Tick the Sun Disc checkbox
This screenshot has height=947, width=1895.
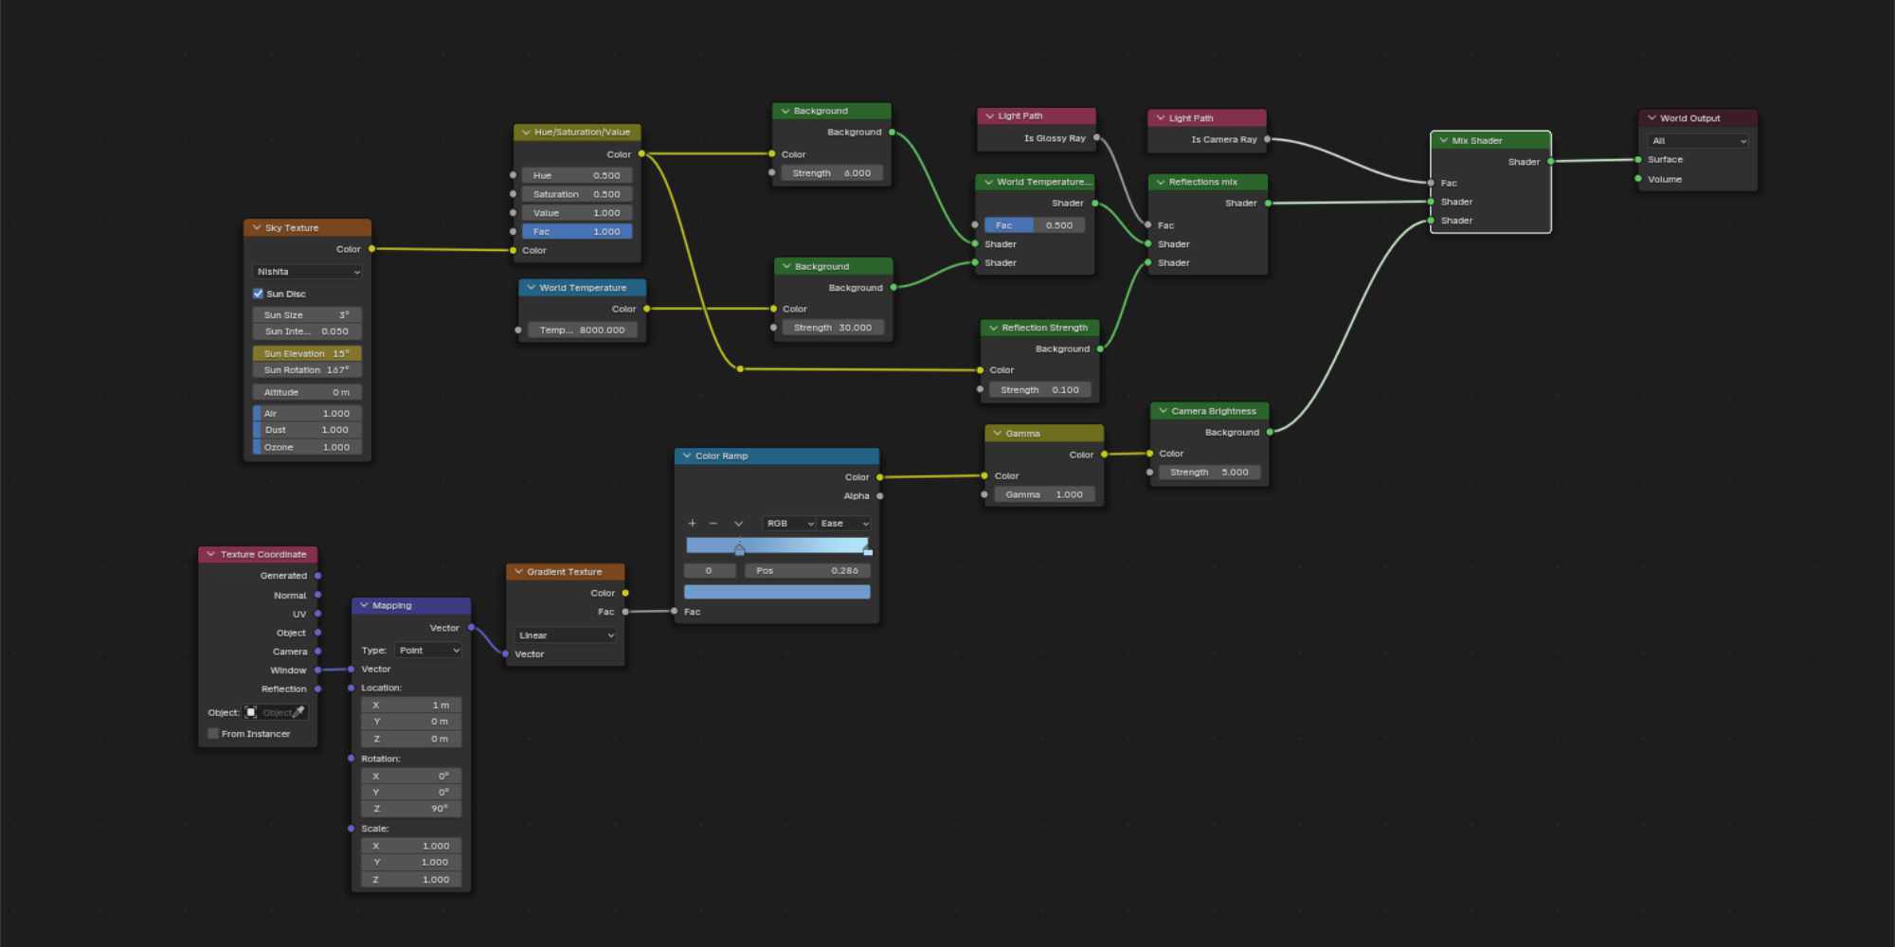point(258,294)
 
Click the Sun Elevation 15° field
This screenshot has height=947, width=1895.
point(307,353)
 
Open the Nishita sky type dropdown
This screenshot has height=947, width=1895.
point(307,272)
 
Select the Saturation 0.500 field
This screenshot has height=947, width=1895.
point(576,194)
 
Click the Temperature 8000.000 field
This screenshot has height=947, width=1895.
point(582,330)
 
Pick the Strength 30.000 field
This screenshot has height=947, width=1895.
point(833,328)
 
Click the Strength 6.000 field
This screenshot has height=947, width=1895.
point(832,173)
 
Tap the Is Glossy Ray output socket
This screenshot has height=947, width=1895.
point(1096,138)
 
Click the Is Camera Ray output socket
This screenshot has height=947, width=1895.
point(1267,139)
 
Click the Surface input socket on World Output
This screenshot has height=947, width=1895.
point(1638,159)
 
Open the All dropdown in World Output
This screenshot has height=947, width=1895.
point(1698,141)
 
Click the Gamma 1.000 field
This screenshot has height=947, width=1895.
point(1044,494)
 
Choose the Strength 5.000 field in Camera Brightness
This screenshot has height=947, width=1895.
point(1209,472)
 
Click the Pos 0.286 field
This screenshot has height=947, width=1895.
point(806,570)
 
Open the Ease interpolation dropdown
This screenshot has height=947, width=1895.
point(844,524)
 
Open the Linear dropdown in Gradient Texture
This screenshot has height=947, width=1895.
point(566,635)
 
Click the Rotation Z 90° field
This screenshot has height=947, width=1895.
point(411,809)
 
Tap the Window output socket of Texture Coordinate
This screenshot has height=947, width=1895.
point(317,670)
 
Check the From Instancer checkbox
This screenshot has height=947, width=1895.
point(213,734)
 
